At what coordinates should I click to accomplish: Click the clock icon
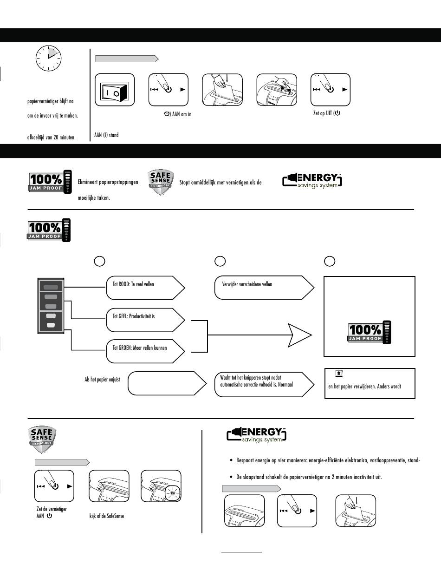point(48,58)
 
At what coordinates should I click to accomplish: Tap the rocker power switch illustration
point(115,90)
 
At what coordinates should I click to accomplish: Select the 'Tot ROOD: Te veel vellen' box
point(145,288)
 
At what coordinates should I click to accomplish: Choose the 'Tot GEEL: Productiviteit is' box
point(145,320)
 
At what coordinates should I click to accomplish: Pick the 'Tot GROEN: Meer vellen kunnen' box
point(145,351)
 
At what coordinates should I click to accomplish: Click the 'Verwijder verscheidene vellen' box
point(264,288)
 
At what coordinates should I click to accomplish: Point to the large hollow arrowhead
point(300,335)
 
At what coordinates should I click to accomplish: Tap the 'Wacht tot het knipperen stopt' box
point(264,384)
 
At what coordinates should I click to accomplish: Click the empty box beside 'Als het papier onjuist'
point(167,383)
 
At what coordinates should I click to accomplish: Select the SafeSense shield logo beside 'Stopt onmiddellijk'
point(161,182)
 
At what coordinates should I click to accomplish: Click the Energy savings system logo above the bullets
point(256,435)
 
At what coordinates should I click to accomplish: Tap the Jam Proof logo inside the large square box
point(370,332)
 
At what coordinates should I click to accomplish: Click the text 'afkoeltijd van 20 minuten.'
point(52,137)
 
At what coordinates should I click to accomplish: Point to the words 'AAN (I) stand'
point(106,135)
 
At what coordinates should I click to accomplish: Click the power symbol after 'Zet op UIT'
point(337,113)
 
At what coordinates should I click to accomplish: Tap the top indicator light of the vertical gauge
point(51,287)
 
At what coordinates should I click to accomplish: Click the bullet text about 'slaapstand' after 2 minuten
point(309,477)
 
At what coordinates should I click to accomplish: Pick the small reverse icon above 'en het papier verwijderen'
point(339,373)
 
